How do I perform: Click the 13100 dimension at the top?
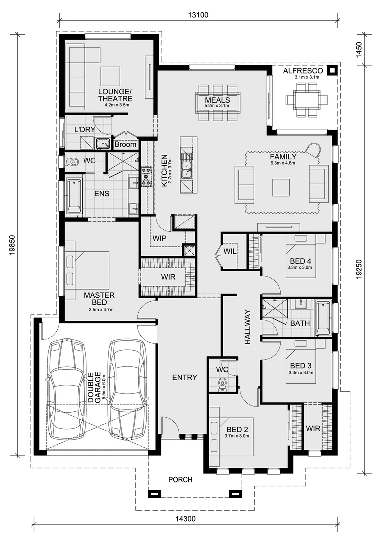(198, 15)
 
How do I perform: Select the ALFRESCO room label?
(303, 71)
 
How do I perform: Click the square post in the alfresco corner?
(332, 70)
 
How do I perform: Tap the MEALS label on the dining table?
(217, 100)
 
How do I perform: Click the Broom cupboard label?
(125, 144)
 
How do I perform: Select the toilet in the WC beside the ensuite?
(72, 161)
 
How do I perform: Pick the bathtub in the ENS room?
(74, 196)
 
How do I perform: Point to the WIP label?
(159, 238)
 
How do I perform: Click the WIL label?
(230, 251)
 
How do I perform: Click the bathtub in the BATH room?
(323, 318)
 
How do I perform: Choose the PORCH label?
(180, 479)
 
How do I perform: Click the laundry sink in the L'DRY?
(102, 143)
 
